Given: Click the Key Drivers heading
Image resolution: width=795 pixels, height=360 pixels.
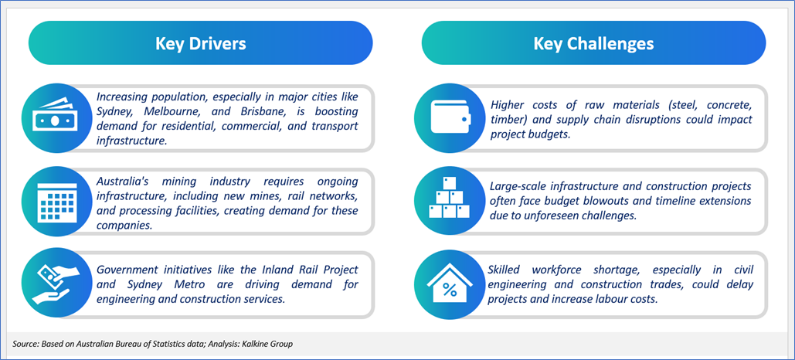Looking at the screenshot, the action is (x=200, y=43).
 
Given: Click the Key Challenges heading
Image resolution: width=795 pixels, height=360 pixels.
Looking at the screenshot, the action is (x=593, y=43).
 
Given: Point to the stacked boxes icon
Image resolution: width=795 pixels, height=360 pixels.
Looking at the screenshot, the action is (x=449, y=198).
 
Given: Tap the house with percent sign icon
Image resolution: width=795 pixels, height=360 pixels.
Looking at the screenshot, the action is (x=450, y=284).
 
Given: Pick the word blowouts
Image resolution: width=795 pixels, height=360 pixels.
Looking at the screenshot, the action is (x=623, y=201).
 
